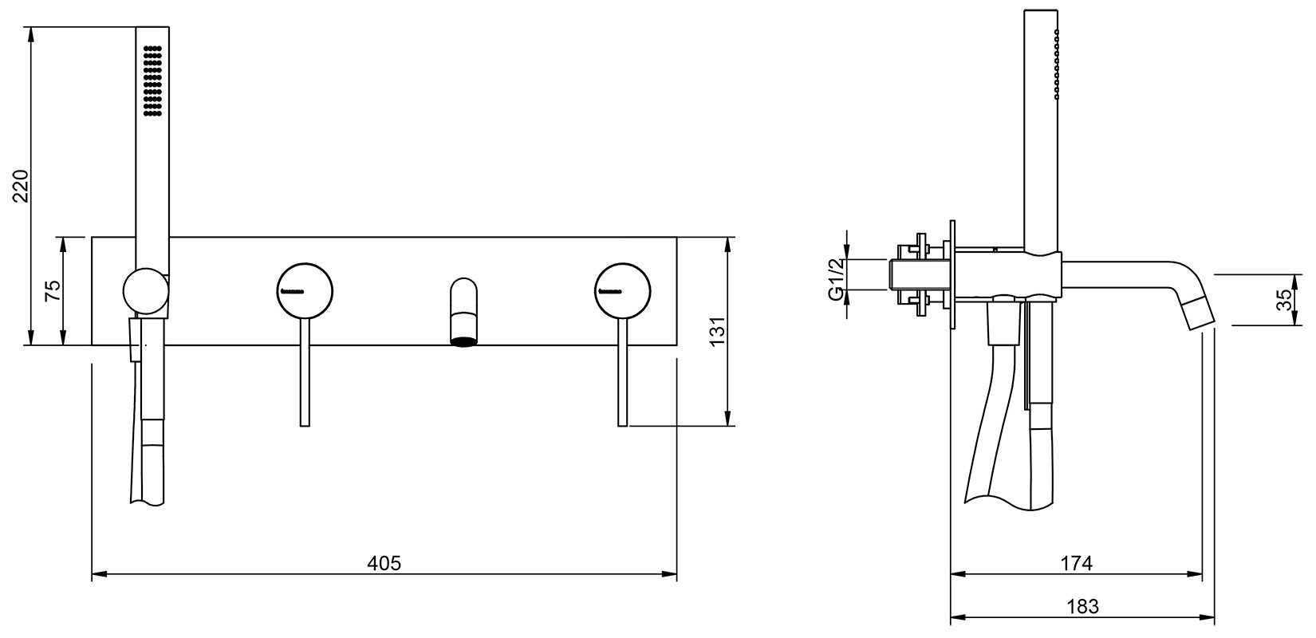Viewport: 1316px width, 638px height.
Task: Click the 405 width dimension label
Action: tap(384, 563)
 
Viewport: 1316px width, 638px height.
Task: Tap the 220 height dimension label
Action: tap(22, 186)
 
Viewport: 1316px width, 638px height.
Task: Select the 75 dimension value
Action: tap(53, 291)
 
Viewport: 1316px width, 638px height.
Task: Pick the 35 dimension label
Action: tap(1286, 300)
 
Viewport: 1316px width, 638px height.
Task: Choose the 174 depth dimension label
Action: tap(1076, 563)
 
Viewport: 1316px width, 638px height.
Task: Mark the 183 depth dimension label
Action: tap(1083, 605)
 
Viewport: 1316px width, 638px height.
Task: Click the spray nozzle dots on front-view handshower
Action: tap(153, 81)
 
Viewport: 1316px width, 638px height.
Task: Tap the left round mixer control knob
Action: tap(305, 291)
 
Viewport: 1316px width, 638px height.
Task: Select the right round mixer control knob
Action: tap(623, 291)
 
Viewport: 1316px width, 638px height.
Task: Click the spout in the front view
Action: tap(464, 312)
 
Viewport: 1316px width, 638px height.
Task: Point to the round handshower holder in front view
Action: tap(146, 290)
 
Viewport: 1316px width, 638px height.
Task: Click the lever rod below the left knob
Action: tap(305, 372)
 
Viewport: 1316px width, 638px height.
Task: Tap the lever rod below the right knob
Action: tap(623, 372)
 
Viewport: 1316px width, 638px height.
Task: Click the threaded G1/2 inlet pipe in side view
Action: tap(920, 274)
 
